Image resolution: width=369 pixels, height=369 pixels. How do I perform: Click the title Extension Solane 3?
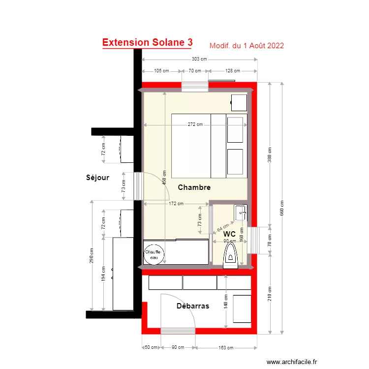[x=147, y=43]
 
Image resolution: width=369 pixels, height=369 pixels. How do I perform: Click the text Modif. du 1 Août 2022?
[x=246, y=46]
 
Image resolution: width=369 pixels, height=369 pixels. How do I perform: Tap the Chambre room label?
[x=194, y=187]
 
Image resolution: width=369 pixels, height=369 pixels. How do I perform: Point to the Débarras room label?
[x=193, y=306]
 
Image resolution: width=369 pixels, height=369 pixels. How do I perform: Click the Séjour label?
[x=97, y=177]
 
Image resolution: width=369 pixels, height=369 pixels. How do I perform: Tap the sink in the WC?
[x=241, y=213]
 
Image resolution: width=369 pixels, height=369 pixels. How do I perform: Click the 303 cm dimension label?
[x=199, y=59]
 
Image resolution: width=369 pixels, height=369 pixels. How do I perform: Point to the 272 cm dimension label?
[x=195, y=124]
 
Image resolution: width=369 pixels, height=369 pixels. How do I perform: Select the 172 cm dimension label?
[x=176, y=203]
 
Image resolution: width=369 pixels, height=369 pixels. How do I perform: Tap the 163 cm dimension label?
[x=226, y=348]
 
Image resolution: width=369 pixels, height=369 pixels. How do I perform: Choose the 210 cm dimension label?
[x=270, y=294]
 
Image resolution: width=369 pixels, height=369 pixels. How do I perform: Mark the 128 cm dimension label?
[x=232, y=71]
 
